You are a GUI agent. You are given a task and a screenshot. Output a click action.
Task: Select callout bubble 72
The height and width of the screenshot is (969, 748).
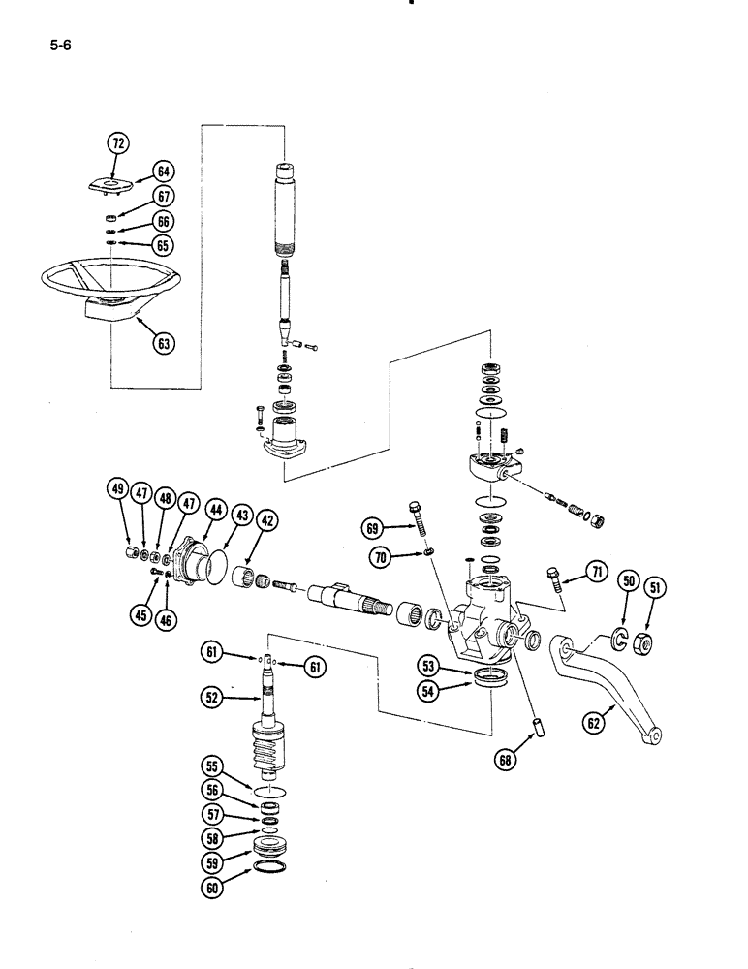[117, 144]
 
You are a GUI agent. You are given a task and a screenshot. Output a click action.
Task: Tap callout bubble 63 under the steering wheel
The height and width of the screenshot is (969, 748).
[164, 341]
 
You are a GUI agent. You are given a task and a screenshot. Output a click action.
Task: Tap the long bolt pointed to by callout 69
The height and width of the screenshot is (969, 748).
[421, 527]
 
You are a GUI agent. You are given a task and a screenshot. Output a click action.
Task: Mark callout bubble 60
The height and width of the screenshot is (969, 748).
[211, 883]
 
